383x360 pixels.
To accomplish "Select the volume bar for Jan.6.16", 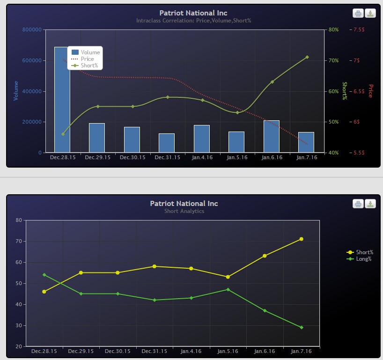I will click(x=271, y=136).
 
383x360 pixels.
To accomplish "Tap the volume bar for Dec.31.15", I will click(x=167, y=143).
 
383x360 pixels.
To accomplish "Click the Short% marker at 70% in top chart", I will click(x=307, y=57).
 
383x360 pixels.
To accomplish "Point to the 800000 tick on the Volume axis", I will click(x=32, y=29).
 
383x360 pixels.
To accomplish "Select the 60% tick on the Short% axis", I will click(x=333, y=91).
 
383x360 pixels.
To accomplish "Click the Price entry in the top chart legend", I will click(x=87, y=59).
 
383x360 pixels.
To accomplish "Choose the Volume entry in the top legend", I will click(x=90, y=52).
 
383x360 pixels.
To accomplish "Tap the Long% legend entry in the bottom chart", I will click(x=363, y=259).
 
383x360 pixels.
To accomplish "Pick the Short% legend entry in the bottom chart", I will click(x=364, y=252).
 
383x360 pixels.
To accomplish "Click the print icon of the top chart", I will click(x=358, y=14).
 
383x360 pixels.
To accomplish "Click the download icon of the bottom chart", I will click(x=370, y=204).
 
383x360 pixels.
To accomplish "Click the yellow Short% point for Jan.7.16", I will click(x=302, y=239).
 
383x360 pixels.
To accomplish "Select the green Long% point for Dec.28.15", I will click(x=44, y=275).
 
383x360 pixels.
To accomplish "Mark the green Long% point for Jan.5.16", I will click(x=228, y=289).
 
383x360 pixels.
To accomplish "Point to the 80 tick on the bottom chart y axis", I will click(x=19, y=220).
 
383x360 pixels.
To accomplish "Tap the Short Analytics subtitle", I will click(x=184, y=211).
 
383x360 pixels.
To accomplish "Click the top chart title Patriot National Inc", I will click(x=193, y=13).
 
